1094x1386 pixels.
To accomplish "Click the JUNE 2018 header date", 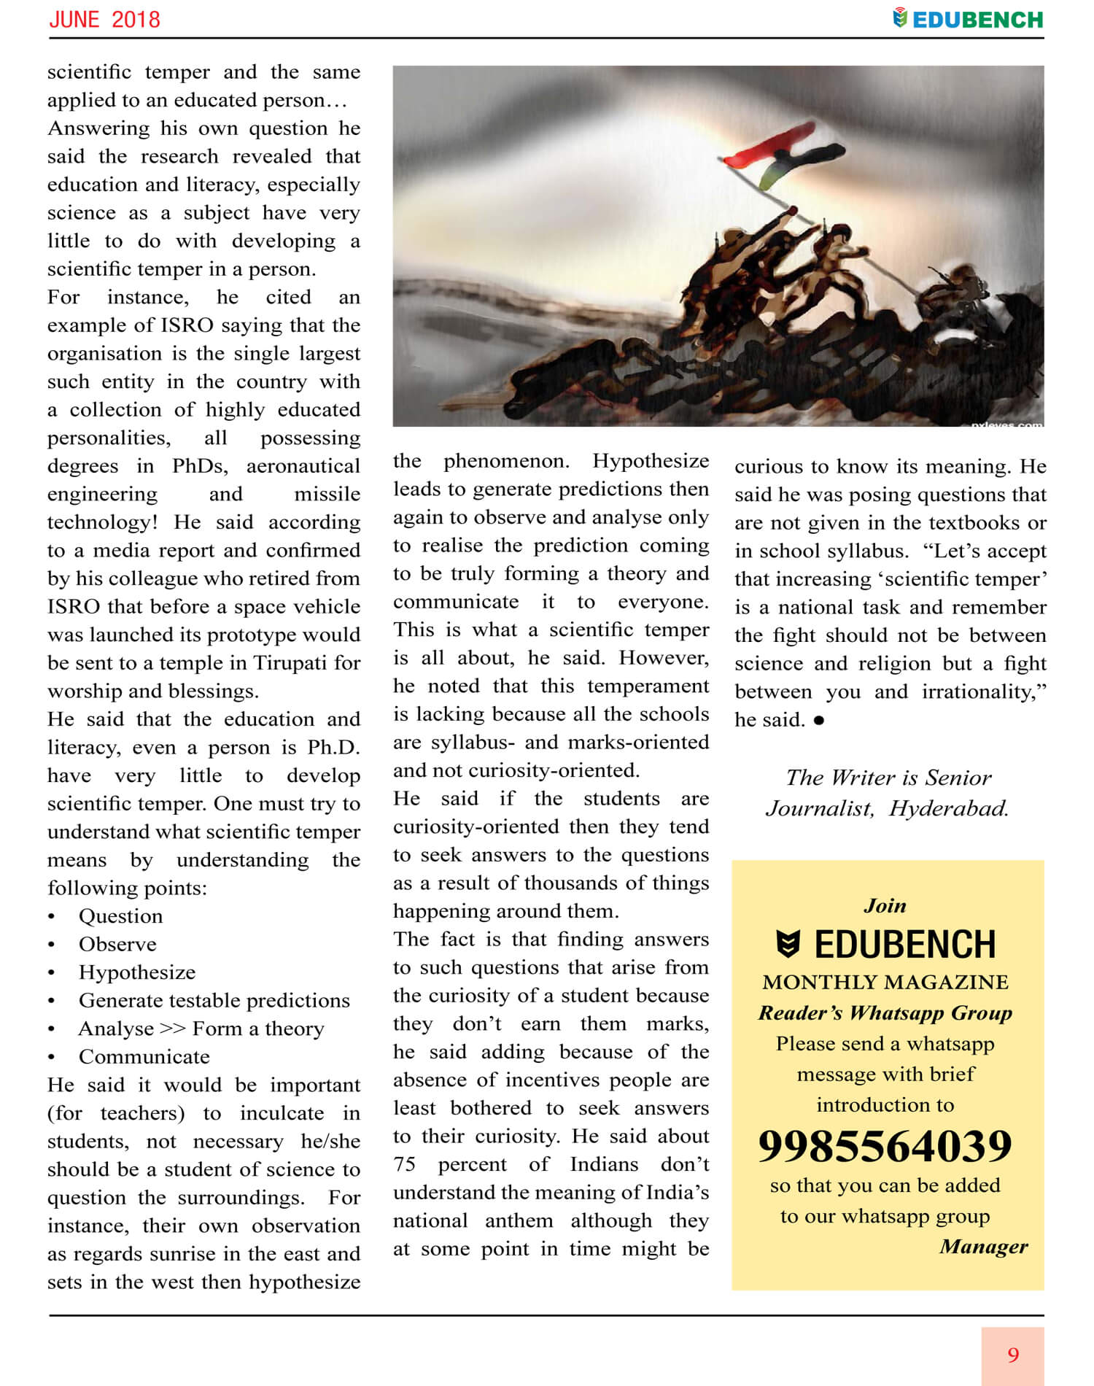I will [104, 20].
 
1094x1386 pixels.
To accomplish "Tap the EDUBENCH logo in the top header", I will [968, 20].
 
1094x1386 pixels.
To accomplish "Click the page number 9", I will [1013, 1355].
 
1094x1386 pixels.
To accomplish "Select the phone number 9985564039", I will [885, 1146].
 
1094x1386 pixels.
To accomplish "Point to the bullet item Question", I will [120, 916].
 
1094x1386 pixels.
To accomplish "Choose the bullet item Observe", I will [117, 945].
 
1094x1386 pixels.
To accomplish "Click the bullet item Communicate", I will [144, 1057].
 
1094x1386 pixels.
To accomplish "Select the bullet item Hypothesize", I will [137, 972].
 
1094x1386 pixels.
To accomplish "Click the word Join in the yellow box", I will [885, 906].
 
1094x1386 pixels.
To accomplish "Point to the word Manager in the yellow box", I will [983, 1247].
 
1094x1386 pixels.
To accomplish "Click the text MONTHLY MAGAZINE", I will [885, 983].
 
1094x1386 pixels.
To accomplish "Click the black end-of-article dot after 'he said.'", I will [819, 721].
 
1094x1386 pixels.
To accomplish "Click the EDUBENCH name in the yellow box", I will [904, 945].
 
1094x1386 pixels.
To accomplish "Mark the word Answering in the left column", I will [96, 128].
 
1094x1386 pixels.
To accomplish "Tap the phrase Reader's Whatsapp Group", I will [885, 1013].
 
